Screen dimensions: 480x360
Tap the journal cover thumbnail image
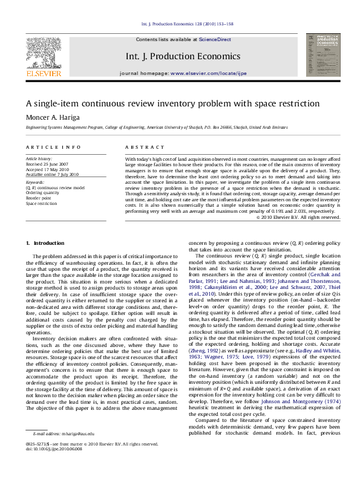(320, 55)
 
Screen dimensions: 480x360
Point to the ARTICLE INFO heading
(53, 147)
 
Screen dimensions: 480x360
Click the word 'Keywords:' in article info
(35, 182)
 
